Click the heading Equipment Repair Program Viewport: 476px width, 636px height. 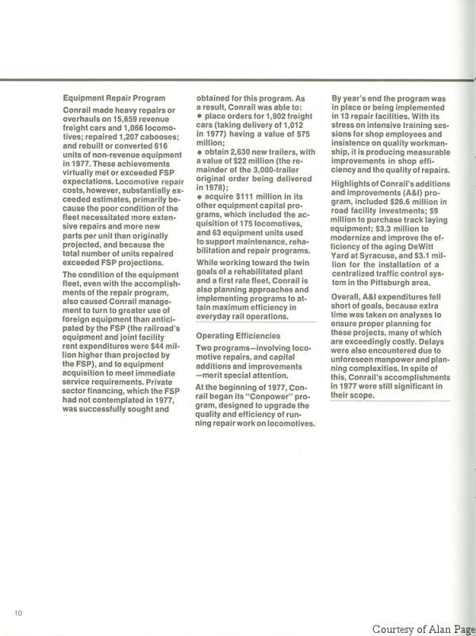[114, 98]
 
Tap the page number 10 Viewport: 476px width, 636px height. [17, 613]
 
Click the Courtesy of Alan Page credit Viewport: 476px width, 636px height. [423, 628]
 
